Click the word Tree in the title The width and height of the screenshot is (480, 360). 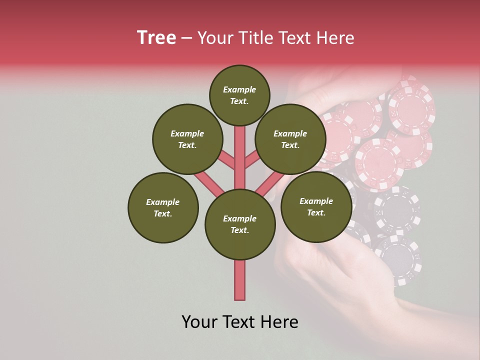pos(156,38)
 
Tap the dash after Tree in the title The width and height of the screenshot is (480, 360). pos(186,38)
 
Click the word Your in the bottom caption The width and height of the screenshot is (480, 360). pos(199,322)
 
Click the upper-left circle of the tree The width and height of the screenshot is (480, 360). pos(187,139)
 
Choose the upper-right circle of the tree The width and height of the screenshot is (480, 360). pos(290,139)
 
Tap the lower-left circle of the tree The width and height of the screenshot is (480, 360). pos(163,207)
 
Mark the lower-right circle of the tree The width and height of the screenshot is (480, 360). pos(316,206)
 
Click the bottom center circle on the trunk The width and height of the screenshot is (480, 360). pos(240,224)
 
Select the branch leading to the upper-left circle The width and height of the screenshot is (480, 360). pos(227,161)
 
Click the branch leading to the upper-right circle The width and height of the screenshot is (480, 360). pos(251,161)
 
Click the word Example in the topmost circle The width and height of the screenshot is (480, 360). pos(239,89)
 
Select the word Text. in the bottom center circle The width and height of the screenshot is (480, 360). pos(239,230)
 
